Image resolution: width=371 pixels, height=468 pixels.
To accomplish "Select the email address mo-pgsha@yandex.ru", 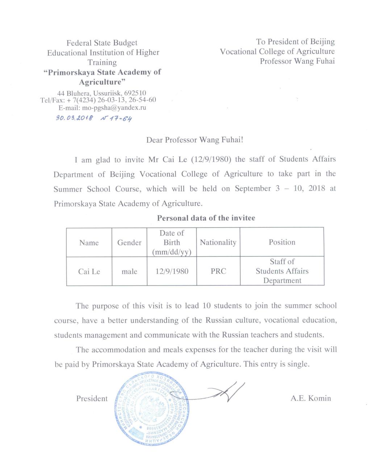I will point(114,107).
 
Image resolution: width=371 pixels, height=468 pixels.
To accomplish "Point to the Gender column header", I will point(129,243).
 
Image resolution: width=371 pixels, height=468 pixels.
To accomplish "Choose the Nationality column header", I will point(218,242).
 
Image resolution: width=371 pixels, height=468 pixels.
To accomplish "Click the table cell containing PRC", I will point(218,271).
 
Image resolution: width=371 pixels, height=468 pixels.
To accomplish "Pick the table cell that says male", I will point(129,271).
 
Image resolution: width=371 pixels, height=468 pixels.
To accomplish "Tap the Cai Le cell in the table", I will point(89,271).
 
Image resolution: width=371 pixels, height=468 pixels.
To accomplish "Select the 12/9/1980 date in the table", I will point(172,271).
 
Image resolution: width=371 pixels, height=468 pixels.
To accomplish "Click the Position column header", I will point(282,242).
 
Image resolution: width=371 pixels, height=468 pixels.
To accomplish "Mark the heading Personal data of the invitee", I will point(206,218).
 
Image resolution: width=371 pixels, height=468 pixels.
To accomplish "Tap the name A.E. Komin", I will point(310,399).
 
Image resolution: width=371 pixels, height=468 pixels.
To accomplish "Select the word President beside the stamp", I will point(92,399).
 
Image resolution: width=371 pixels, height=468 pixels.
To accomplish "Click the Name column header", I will point(89,243).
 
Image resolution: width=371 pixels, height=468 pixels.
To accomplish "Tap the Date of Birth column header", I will point(172,242).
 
